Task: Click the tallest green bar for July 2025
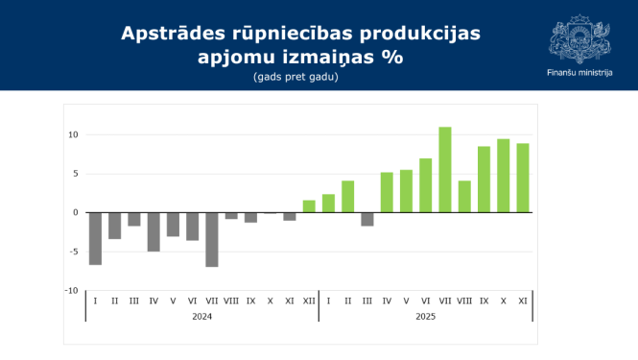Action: pyautogui.click(x=445, y=170)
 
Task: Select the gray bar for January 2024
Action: pyautogui.click(x=95, y=238)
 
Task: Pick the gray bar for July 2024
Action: pyautogui.click(x=212, y=239)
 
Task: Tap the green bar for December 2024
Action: pyautogui.click(x=309, y=206)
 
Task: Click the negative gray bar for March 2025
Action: pyautogui.click(x=367, y=219)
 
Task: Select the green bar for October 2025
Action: pyautogui.click(x=504, y=176)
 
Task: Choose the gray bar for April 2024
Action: pyautogui.click(x=154, y=231)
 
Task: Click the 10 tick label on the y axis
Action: pyautogui.click(x=72, y=134)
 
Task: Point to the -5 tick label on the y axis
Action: pyautogui.click(x=73, y=252)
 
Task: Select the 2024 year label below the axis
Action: pyautogui.click(x=201, y=316)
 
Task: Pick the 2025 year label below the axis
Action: pyautogui.click(x=425, y=316)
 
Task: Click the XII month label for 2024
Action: pyautogui.click(x=309, y=301)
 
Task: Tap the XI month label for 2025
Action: pyautogui.click(x=523, y=301)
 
